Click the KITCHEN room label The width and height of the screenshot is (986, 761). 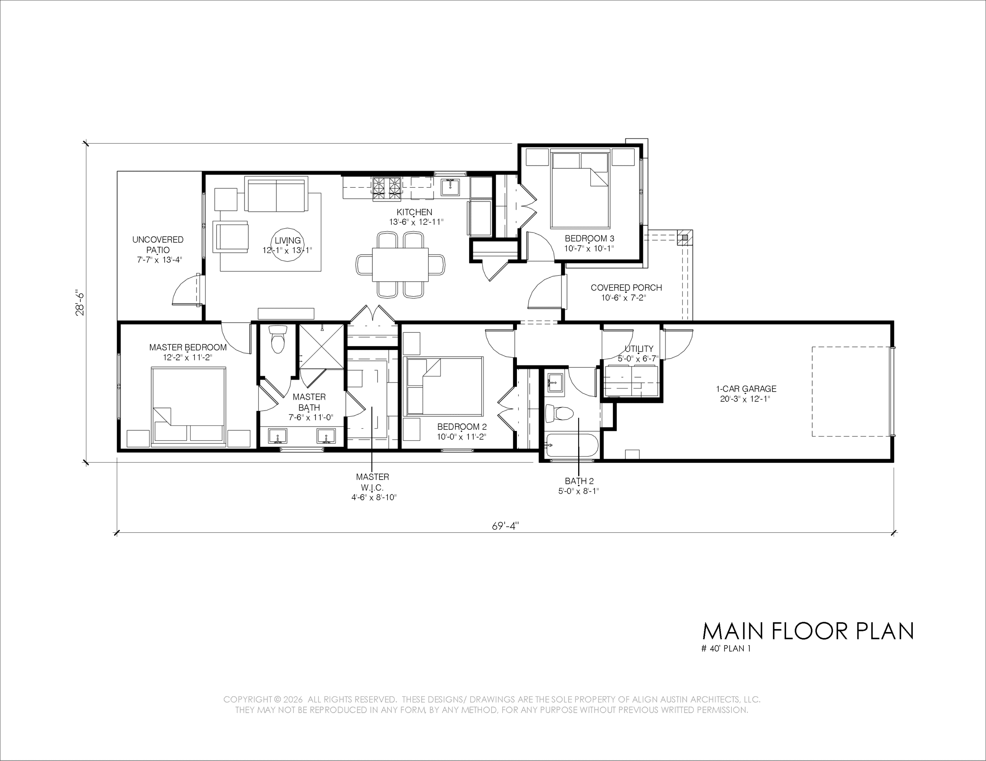tap(414, 212)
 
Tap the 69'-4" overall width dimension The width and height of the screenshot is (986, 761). tap(506, 526)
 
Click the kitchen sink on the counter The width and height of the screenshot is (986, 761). tap(450, 187)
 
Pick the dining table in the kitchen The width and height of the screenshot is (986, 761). tap(400, 264)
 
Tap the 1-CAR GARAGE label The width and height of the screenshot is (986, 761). tap(746, 389)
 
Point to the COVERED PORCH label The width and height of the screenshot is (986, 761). tap(626, 288)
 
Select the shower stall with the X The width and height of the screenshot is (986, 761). tap(322, 346)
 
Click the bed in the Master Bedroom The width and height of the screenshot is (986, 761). tap(188, 405)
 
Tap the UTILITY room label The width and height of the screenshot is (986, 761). tap(639, 349)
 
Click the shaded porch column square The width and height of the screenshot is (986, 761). tap(685, 237)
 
